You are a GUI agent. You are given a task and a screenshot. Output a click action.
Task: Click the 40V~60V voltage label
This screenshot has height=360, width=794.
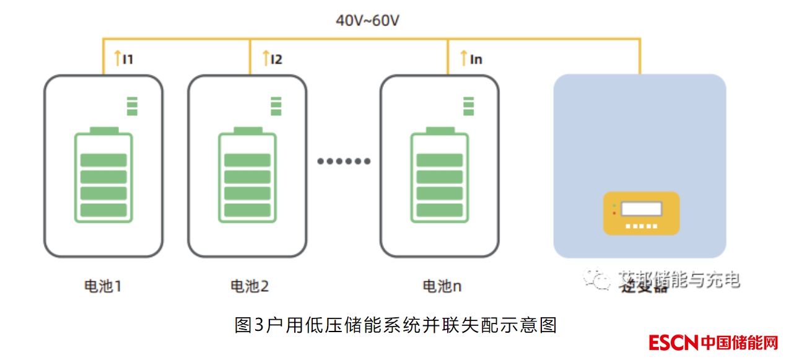pos(367,20)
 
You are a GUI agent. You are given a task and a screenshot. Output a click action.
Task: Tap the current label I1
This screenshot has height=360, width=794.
pos(128,59)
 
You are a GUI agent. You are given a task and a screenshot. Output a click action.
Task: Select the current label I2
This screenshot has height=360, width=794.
pos(276,59)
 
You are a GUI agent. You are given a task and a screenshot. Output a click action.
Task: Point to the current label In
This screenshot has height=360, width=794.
pos(476,59)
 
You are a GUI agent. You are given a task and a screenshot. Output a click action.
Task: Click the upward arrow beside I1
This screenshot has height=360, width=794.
pos(118,59)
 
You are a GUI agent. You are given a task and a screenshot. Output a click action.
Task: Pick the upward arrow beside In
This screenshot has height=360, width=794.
pos(464,59)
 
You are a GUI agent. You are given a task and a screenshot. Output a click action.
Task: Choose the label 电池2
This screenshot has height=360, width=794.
pos(250,286)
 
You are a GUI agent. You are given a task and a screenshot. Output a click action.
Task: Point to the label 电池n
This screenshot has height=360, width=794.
pos(442,286)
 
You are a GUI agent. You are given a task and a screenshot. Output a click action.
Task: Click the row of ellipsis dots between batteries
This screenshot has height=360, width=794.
pos(344,161)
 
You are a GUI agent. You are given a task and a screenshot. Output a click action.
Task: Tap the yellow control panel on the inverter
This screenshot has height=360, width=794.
pos(641,213)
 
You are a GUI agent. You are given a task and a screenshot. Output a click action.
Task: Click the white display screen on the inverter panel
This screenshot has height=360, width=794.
pos(641,209)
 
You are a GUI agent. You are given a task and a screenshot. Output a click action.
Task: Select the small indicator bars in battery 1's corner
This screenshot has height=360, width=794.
pos(131,106)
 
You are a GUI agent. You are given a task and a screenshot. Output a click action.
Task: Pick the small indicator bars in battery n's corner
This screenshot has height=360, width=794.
pos(468,106)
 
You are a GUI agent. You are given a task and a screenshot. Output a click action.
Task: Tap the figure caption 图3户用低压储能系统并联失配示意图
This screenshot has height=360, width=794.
pos(396,325)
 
